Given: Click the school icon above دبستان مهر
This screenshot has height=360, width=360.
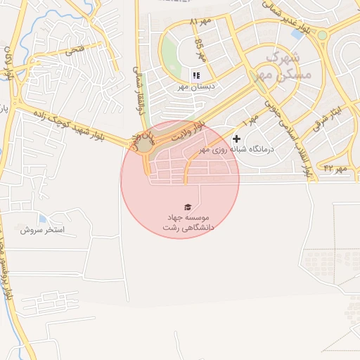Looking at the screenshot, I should click(195, 75).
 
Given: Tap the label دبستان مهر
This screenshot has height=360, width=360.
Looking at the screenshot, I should click(195, 88).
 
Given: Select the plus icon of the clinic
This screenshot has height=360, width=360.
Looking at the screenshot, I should click(237, 139).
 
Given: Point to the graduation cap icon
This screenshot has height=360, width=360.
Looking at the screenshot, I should click(188, 207).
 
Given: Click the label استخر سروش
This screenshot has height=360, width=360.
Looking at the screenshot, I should click(42, 230).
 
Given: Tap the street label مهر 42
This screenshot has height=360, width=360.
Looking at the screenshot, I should click(335, 168).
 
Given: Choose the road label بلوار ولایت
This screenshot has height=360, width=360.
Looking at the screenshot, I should click(191, 130).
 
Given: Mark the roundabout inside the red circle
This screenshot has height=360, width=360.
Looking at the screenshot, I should click(144, 143).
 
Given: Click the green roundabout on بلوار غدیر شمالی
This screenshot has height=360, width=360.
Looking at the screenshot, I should click(322, 35).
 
